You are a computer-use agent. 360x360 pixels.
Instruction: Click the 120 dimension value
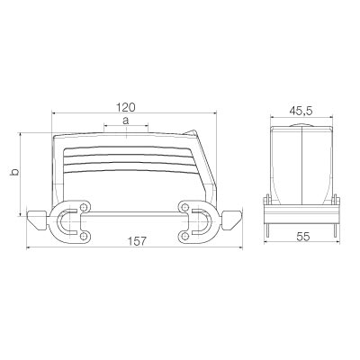click(126, 107)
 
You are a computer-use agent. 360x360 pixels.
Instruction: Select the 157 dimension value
click(138, 241)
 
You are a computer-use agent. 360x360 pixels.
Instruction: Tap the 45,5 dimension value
click(301, 112)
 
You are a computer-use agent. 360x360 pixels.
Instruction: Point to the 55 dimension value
click(303, 237)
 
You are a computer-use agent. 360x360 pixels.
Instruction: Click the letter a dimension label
click(126, 121)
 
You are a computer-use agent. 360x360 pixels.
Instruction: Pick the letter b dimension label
click(14, 173)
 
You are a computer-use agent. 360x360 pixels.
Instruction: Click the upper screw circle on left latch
click(85, 207)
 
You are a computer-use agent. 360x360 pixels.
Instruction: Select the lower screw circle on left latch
click(85, 237)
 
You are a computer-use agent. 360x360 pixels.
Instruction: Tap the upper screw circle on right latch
click(185, 207)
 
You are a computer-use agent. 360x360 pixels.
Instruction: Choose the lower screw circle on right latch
click(185, 237)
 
